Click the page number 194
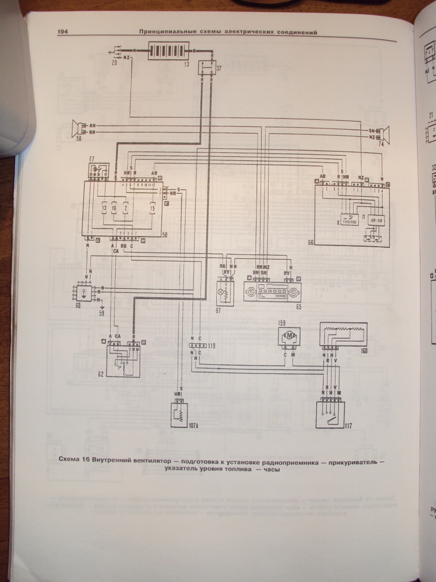(62, 32)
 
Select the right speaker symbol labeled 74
(386, 134)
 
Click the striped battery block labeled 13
(170, 50)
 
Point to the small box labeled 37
(204, 67)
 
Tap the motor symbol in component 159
(290, 336)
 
